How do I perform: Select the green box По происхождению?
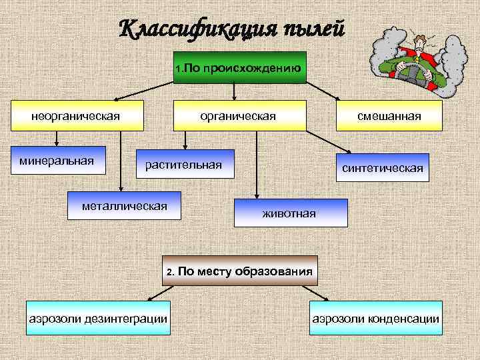point(239,67)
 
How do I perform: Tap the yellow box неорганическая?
point(75,117)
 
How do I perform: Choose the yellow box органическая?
point(239,117)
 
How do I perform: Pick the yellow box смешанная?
point(389,117)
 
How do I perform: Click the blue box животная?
point(289,213)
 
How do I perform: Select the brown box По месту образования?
point(240,271)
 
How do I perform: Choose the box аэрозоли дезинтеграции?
point(97,318)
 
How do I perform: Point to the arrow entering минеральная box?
point(57,141)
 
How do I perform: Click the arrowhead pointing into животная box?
point(255,196)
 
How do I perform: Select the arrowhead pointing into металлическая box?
point(121,189)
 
